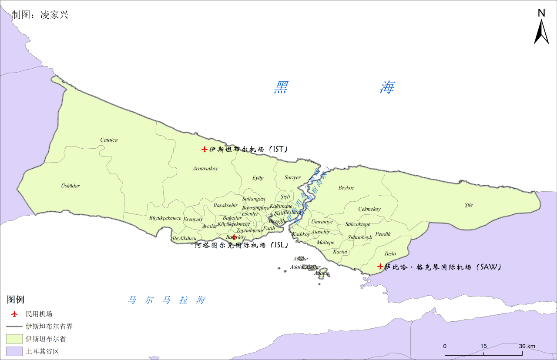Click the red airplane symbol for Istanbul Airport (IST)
pyautogui.click(x=205, y=150)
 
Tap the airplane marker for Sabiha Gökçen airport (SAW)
pyautogui.click(x=380, y=266)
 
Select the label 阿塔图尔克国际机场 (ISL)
pyautogui.click(x=242, y=245)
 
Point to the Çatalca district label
pyautogui.click(x=109, y=140)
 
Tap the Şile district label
pyautogui.click(x=468, y=205)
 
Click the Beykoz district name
pyautogui.click(x=346, y=188)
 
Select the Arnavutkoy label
pyautogui.click(x=205, y=168)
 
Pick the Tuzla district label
pyautogui.click(x=390, y=253)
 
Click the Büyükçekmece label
pyautogui.click(x=165, y=218)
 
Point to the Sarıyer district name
pyautogui.click(x=292, y=177)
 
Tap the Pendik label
pyautogui.click(x=383, y=234)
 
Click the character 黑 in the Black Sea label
pyautogui.click(x=281, y=87)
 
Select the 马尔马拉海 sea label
pyautogui.click(x=167, y=300)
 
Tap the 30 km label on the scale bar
pyautogui.click(x=527, y=346)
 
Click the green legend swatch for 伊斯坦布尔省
pyautogui.click(x=14, y=338)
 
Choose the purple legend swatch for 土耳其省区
pyautogui.click(x=14, y=351)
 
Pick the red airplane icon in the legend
pyautogui.click(x=14, y=314)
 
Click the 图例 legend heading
pyautogui.click(x=15, y=300)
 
